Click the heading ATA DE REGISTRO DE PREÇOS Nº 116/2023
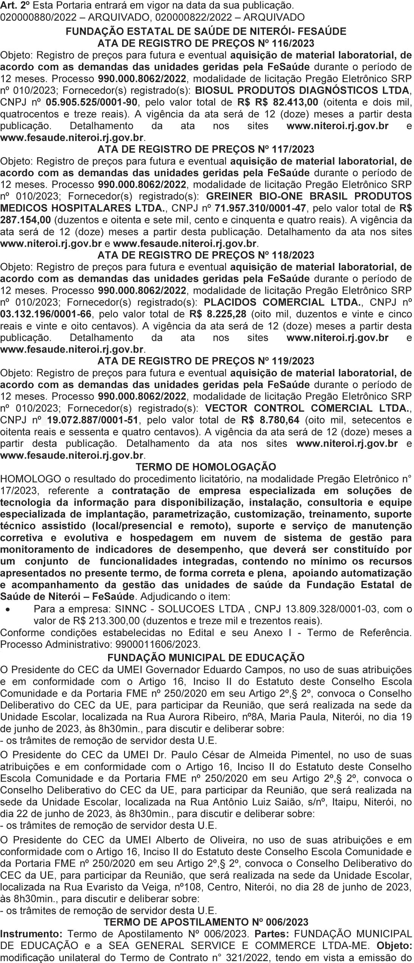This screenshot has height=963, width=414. coord(206,43)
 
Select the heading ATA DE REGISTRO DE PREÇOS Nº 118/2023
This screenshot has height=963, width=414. coord(206,255)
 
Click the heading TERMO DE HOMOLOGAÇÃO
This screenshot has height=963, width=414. coord(206,467)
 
